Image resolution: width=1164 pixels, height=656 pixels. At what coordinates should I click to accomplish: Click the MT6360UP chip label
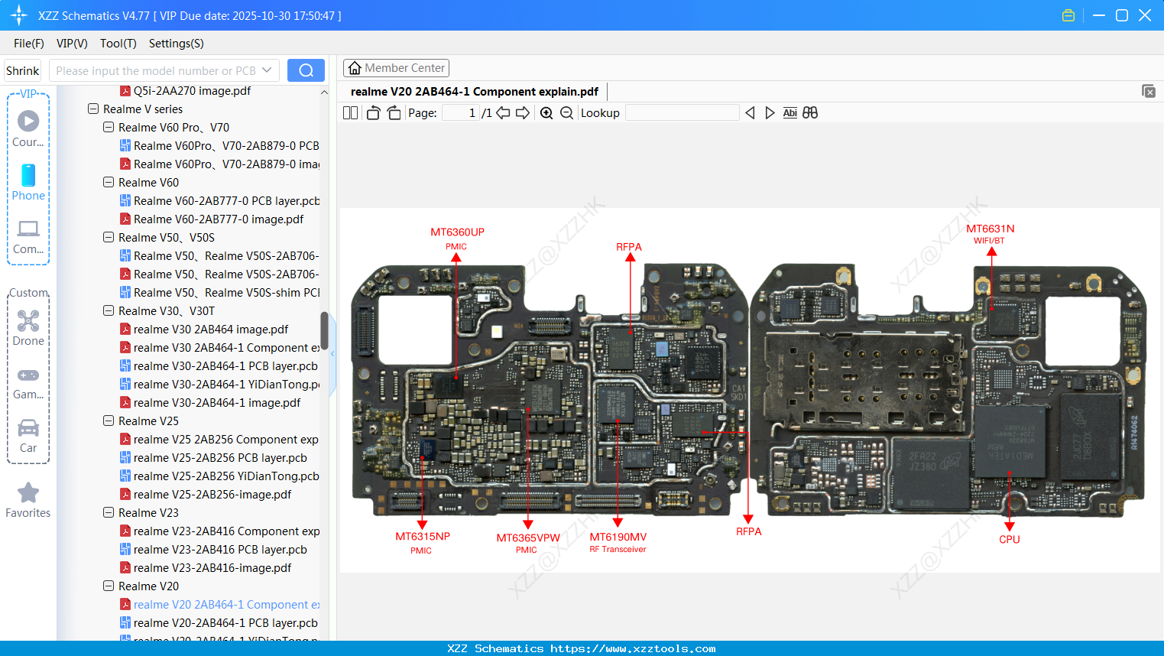pos(457,232)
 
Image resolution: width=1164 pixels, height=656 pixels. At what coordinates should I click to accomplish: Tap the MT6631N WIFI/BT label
pos(990,229)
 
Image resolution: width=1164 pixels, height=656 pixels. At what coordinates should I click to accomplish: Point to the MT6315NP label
pos(422,537)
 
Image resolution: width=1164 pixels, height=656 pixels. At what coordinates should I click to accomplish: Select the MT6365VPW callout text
pos(528,538)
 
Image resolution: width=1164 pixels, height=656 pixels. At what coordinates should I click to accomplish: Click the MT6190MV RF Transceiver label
pos(618,537)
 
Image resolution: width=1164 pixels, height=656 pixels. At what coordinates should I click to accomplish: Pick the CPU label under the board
pos(1009,539)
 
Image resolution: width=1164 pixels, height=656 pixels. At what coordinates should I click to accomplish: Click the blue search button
pos(306,70)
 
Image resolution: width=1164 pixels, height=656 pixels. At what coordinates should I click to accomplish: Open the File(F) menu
pos(29,44)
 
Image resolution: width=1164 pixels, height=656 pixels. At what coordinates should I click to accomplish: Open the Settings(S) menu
pos(176,44)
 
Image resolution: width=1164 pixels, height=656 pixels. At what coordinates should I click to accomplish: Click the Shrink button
pos(22,70)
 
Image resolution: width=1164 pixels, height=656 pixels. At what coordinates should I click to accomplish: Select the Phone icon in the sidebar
pos(28,176)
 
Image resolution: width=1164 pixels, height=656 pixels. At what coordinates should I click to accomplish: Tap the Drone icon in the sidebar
pos(28,321)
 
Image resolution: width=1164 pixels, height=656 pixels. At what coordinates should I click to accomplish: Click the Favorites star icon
pos(28,493)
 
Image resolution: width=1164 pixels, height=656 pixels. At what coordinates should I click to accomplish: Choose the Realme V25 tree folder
pos(148,421)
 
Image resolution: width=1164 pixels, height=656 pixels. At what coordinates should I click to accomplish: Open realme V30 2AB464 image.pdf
pos(210,330)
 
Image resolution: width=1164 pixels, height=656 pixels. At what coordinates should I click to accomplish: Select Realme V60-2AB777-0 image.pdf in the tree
pos(218,219)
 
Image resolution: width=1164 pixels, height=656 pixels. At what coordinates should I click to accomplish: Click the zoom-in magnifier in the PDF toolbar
pos(546,113)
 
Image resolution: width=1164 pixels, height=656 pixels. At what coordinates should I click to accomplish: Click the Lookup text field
pos(682,113)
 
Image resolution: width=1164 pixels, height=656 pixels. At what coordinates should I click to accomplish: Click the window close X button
pos(1144,15)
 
